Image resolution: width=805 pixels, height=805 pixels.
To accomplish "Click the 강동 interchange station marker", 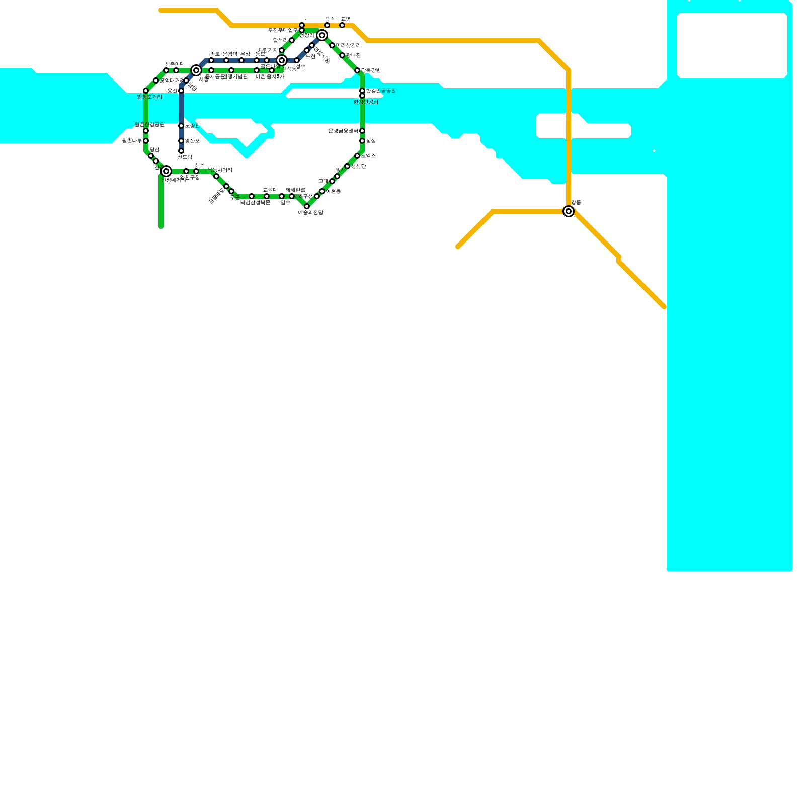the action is [x=569, y=211].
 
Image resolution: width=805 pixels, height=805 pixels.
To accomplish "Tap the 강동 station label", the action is [x=576, y=203].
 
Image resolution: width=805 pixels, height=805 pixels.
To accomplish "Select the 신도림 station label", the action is [x=185, y=157].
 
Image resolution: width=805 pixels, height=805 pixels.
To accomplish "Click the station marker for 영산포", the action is [x=181, y=141].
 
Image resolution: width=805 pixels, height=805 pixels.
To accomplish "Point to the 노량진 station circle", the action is [x=181, y=126].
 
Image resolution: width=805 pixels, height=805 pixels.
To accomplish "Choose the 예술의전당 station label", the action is [x=310, y=213].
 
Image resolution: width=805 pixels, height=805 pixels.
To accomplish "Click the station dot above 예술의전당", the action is [x=307, y=206].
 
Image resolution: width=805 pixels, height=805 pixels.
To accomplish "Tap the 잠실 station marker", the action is [x=362, y=141].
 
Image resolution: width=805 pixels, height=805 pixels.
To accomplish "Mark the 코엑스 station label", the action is [x=368, y=156].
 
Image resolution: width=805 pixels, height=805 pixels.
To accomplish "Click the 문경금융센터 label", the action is [x=343, y=131].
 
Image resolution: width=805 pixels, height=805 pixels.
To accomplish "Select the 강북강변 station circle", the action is [x=357, y=70].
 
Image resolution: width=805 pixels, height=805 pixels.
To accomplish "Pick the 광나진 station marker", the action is [x=342, y=55].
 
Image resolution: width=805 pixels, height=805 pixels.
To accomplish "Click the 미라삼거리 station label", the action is [x=348, y=46].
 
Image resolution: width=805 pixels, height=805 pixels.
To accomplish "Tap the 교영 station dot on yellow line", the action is [x=342, y=25].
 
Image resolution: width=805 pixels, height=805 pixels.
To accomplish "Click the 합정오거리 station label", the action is [x=149, y=97].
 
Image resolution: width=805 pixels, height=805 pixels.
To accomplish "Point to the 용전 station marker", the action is [x=181, y=91].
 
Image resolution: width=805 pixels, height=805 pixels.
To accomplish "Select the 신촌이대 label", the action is [x=175, y=64].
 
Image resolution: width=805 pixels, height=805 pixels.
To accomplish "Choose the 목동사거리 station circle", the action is [x=216, y=176].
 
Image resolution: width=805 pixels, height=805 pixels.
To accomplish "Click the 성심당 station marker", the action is [x=347, y=166].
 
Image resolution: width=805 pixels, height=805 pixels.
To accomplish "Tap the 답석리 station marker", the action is [x=292, y=40].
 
